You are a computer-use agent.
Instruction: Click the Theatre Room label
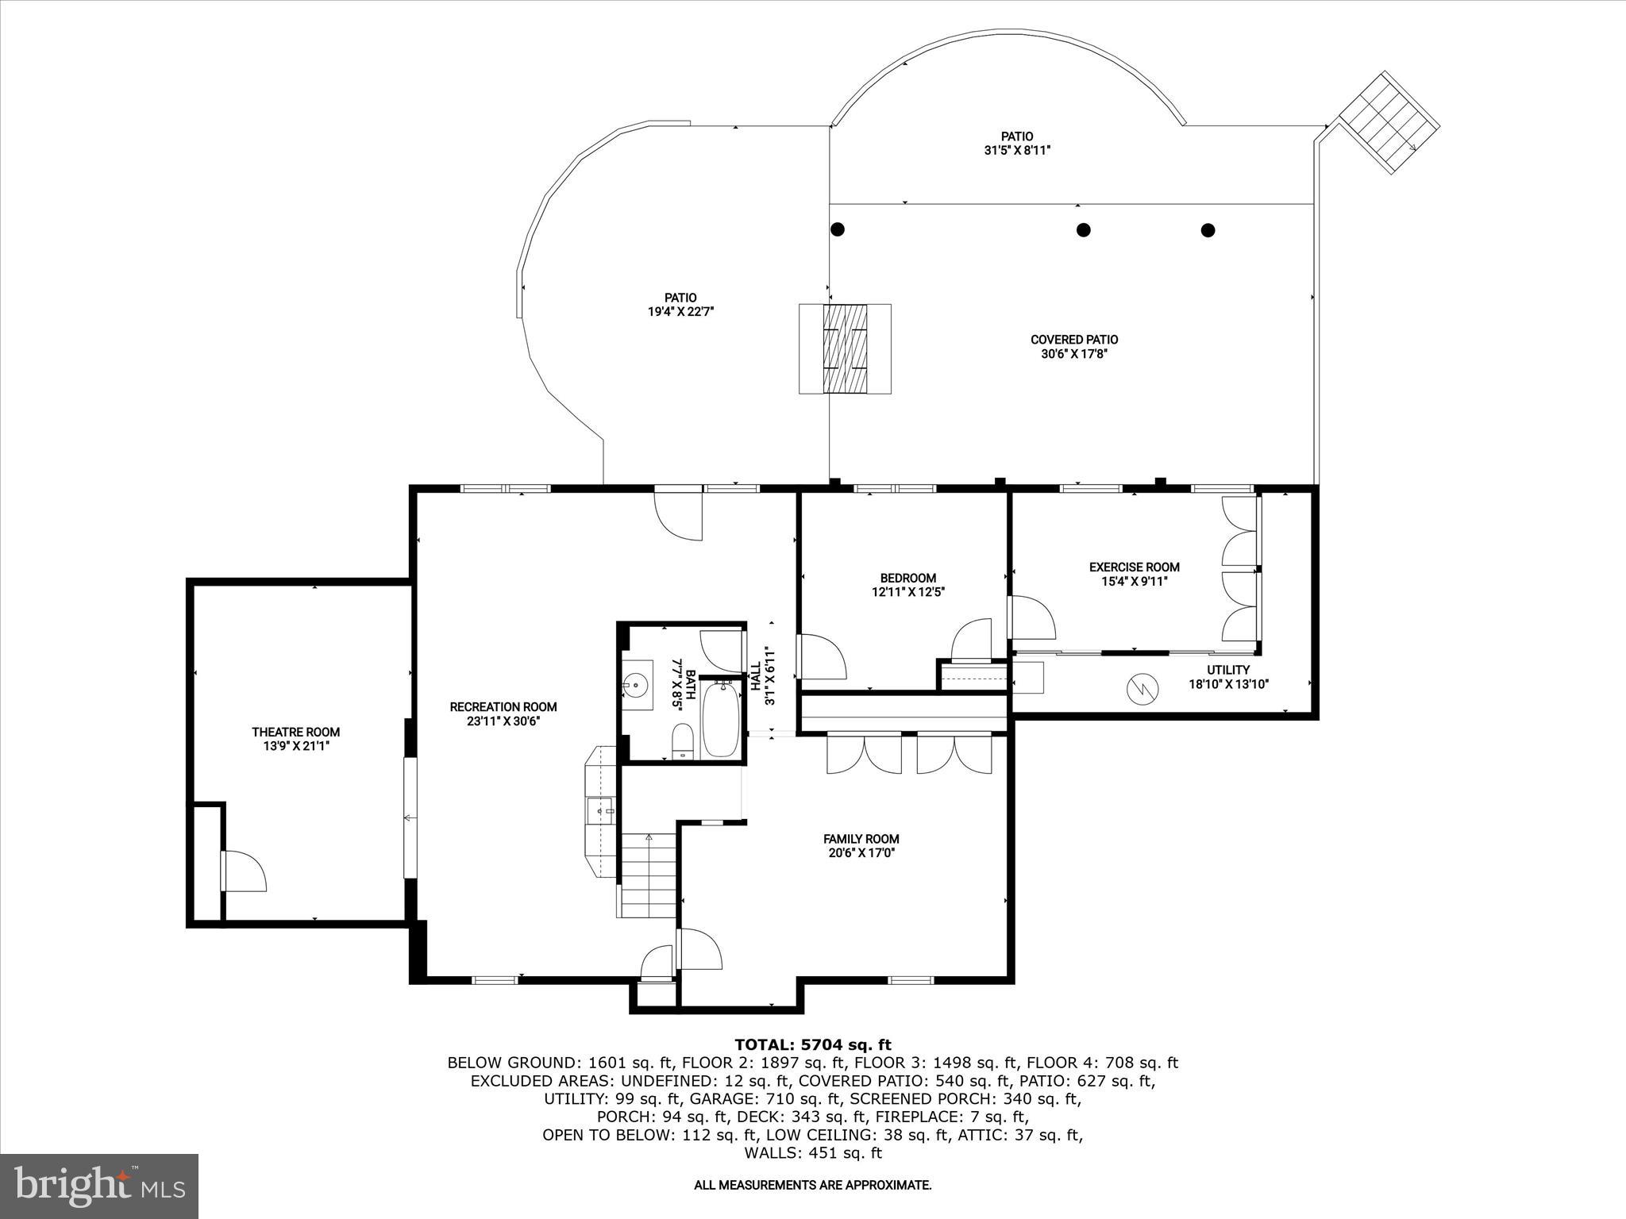pos(295,732)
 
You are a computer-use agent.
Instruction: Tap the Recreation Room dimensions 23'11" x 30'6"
pos(503,721)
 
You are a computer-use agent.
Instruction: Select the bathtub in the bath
pos(721,720)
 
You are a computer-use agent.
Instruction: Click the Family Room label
pos(861,839)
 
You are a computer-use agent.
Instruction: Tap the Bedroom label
pos(907,578)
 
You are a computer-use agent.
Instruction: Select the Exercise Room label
pos(1134,567)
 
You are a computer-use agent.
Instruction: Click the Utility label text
pos(1228,670)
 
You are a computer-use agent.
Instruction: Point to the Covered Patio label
pos(1074,340)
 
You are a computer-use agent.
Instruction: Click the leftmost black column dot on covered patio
pos(837,229)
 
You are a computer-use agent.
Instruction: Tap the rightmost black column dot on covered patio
pos(1208,230)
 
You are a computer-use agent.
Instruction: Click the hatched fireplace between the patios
pos(845,348)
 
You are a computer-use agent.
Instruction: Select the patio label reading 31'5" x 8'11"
pos(1017,150)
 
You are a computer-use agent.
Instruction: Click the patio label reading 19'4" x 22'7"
pos(680,312)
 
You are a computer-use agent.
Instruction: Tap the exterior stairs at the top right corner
pos(1389,123)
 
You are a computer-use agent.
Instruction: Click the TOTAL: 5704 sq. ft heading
pos(813,1044)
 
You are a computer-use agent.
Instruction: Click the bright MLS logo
pos(99,1186)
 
